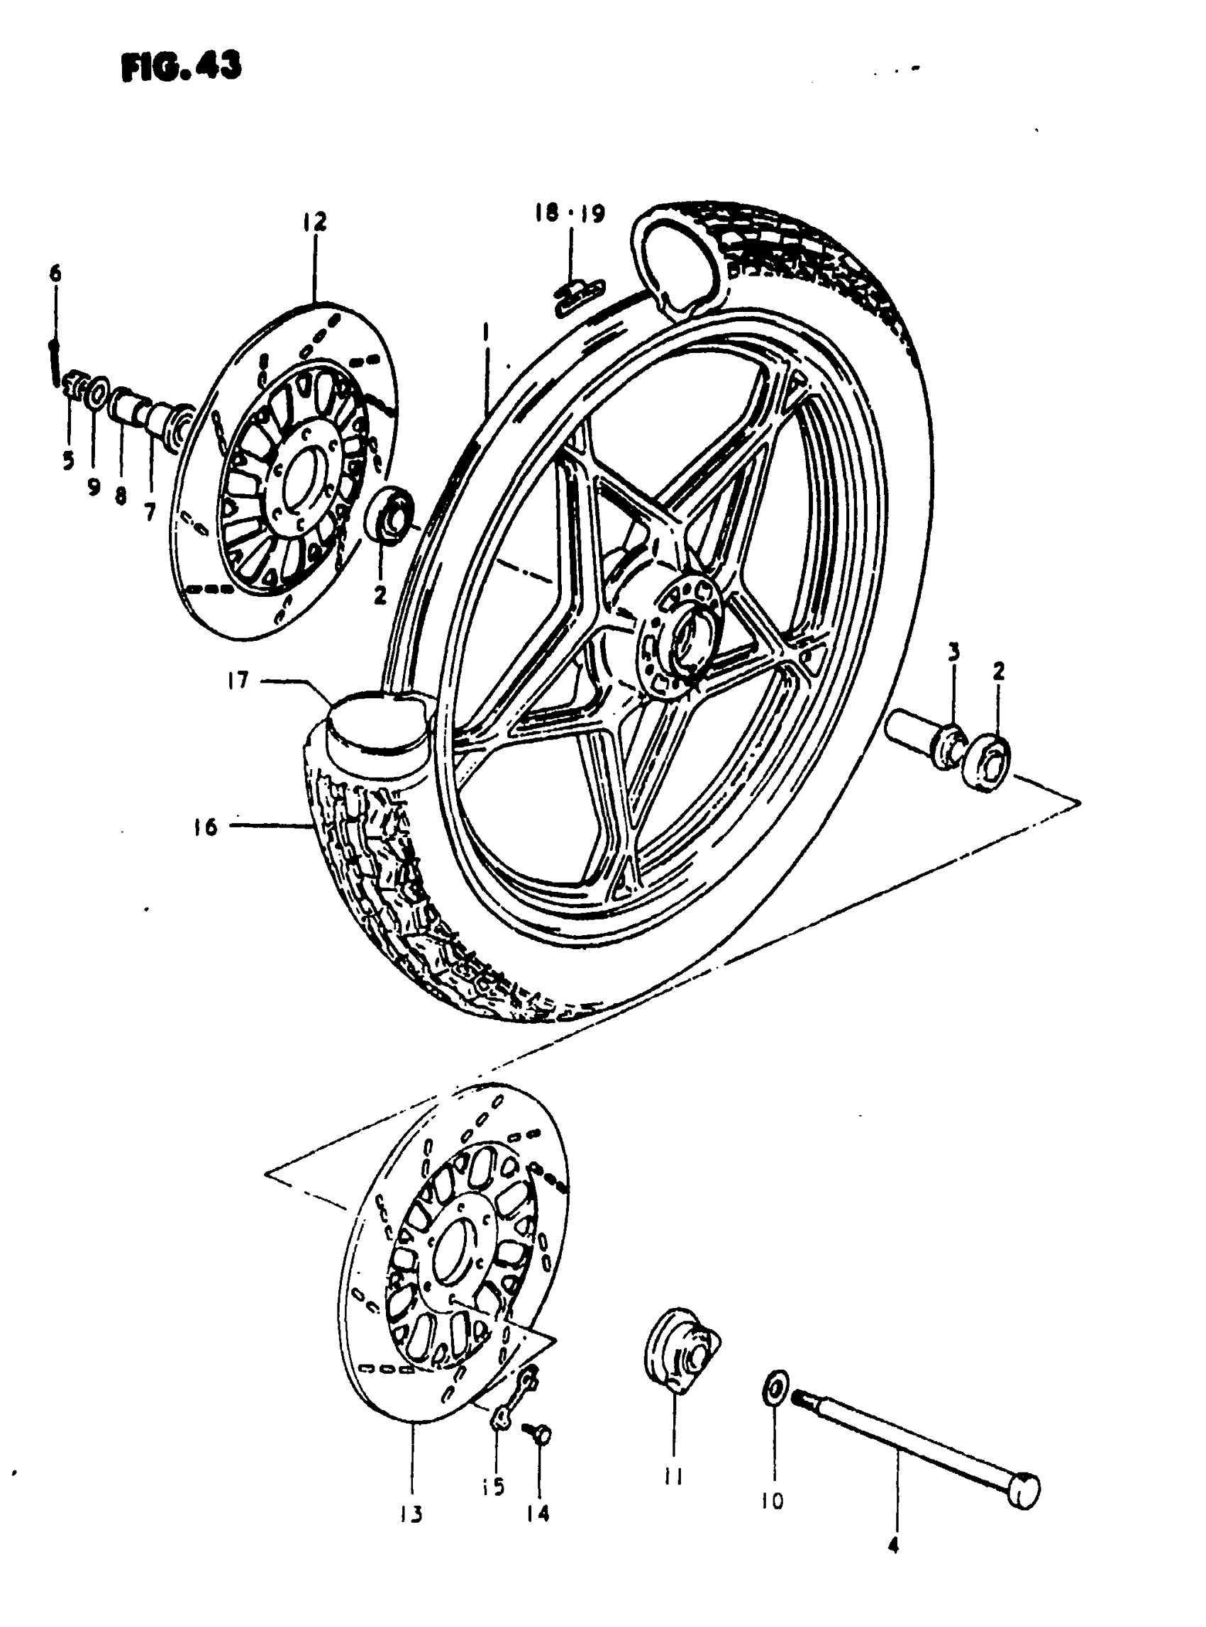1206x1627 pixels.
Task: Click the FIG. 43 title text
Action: [181, 67]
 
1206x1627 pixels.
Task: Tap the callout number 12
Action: [316, 221]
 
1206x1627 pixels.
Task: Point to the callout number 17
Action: [238, 681]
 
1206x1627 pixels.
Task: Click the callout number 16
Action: [206, 827]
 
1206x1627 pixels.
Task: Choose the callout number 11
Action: [673, 1477]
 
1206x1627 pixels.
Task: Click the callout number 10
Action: [773, 1501]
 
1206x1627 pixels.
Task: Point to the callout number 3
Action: [953, 652]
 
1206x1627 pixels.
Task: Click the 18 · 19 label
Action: [569, 213]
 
